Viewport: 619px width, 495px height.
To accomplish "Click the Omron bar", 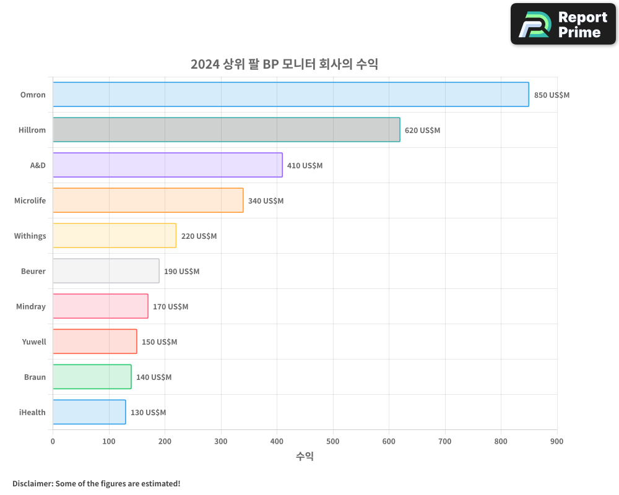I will click(x=290, y=95).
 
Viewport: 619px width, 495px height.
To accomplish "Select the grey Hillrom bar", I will click(x=226, y=130).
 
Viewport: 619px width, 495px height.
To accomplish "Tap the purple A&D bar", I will click(x=167, y=165).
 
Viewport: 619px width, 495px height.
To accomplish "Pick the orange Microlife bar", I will click(x=147, y=200).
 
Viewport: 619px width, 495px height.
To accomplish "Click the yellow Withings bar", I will click(x=114, y=236).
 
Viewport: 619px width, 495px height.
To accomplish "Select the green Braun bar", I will click(x=92, y=377).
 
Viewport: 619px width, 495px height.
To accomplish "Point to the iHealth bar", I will click(x=89, y=412).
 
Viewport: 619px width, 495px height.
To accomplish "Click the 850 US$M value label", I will click(x=552, y=95).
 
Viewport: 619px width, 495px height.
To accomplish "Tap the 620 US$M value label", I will click(x=422, y=131).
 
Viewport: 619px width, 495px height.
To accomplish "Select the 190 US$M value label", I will click(x=181, y=272).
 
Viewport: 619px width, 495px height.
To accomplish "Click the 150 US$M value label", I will click(x=159, y=342).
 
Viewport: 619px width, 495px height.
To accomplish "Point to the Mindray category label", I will click(x=31, y=306).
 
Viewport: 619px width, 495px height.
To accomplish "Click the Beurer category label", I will click(x=33, y=271).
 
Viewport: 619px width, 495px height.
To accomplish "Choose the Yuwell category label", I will click(x=34, y=342).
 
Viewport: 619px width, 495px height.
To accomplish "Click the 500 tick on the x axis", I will click(x=333, y=441).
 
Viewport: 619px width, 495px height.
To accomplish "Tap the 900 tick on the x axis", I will click(x=556, y=441).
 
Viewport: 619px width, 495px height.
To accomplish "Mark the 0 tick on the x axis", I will click(x=53, y=441).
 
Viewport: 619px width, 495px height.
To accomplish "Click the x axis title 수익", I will click(x=305, y=457).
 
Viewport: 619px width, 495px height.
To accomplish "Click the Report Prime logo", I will click(x=563, y=24).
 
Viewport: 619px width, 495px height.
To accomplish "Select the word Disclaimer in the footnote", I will click(x=32, y=483).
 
